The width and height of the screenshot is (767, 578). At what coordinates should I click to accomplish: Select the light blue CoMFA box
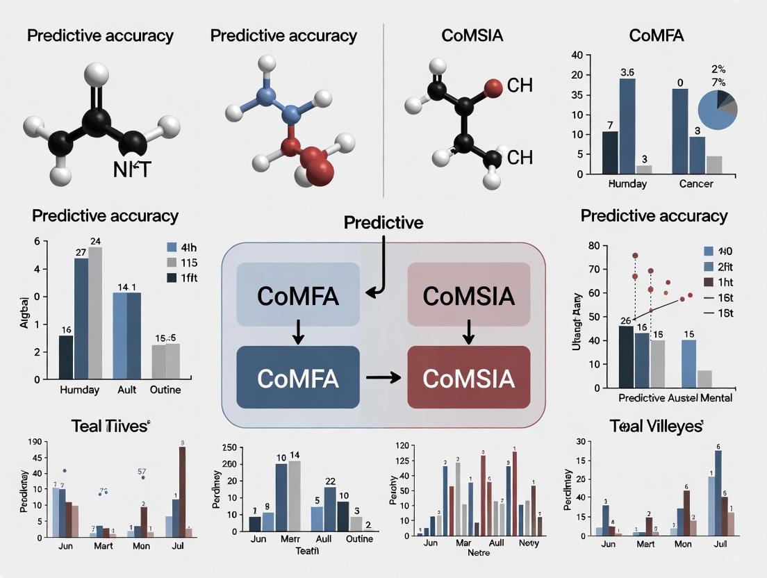(x=298, y=295)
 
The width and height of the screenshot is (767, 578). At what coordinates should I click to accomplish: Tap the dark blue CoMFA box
(x=298, y=377)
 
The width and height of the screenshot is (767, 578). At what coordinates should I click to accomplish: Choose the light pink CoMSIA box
(x=468, y=295)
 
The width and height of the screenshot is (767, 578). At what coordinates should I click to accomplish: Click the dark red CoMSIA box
(x=468, y=377)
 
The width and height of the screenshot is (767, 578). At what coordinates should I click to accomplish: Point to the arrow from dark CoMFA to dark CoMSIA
(x=383, y=377)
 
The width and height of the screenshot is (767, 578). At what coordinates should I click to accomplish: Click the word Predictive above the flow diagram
(x=383, y=222)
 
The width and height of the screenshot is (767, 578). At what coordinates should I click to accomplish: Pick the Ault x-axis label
(x=127, y=390)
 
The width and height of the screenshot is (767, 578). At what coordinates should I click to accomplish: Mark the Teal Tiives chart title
(x=110, y=426)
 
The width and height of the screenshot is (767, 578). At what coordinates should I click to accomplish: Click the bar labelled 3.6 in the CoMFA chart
(x=627, y=125)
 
